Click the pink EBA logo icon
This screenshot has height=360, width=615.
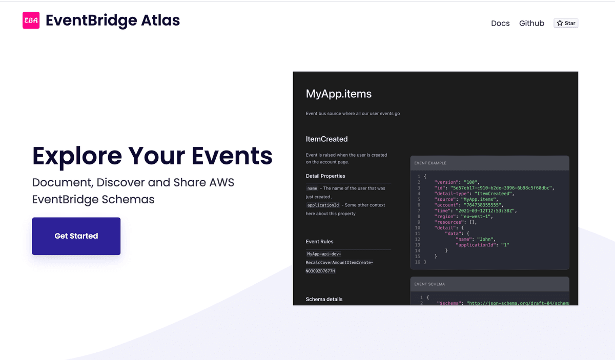point(31,20)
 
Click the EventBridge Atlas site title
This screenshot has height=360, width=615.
point(113,20)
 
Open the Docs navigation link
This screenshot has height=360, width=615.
point(500,23)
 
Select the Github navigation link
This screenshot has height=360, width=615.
point(531,23)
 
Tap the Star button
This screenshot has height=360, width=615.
point(566,23)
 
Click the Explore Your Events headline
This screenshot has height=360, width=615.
point(152,156)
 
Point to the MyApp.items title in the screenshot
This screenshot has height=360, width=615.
point(338,94)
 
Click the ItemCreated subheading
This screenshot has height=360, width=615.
point(326,139)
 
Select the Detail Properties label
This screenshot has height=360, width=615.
point(325,176)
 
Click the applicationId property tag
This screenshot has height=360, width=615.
point(323,205)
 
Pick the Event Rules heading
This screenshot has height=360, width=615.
point(319,241)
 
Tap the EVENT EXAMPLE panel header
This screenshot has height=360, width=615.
point(430,163)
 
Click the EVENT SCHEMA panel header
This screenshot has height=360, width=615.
point(429,284)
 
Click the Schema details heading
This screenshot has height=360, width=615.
point(324,299)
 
